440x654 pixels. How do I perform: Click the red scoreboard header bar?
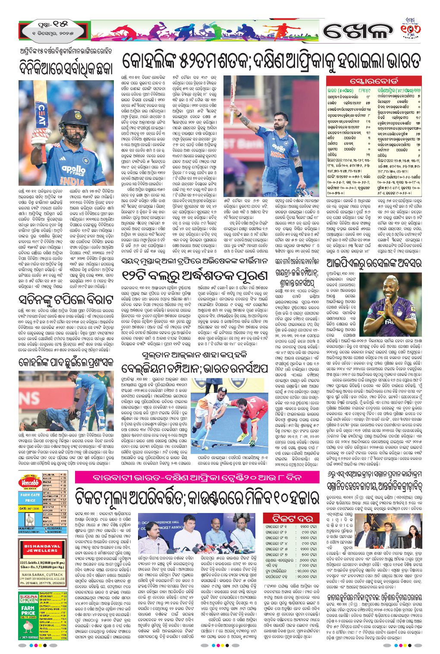[373, 81]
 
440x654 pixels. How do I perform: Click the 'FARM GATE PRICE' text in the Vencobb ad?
[30, 498]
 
